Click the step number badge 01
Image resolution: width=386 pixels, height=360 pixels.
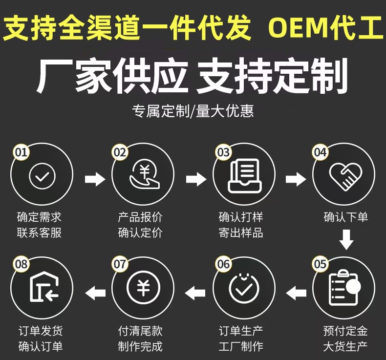coord(21,152)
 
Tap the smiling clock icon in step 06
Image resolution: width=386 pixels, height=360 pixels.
coord(244,289)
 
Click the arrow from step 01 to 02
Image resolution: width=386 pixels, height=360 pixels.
coord(95,179)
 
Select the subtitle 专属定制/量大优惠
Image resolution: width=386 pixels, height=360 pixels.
coord(193,111)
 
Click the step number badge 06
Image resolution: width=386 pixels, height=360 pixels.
coord(223,264)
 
